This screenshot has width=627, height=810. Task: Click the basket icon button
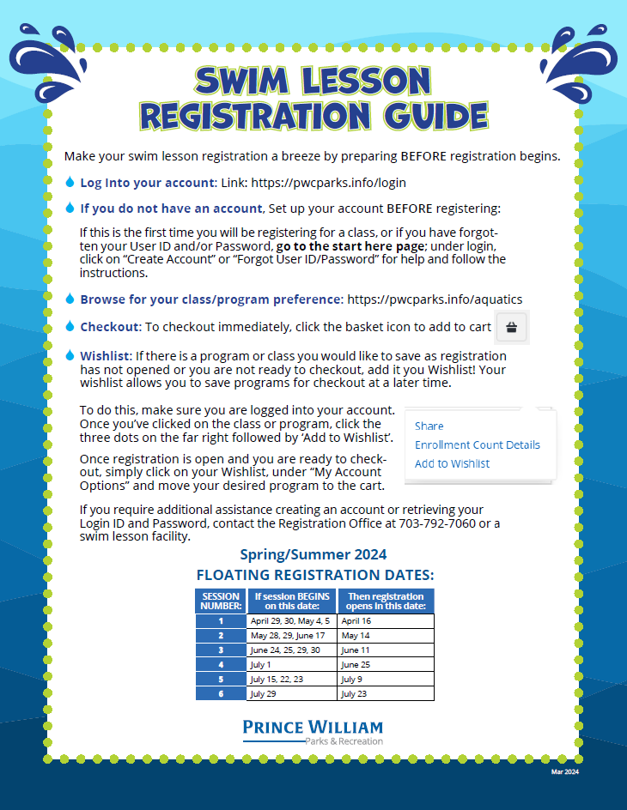[x=512, y=327]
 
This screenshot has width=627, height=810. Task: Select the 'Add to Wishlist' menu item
[x=452, y=463]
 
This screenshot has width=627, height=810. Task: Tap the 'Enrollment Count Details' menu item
[x=477, y=444]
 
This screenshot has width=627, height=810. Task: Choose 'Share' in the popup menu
[x=429, y=426]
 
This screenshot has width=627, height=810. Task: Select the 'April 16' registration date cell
[x=386, y=620]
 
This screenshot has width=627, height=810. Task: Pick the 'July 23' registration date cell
[x=386, y=693]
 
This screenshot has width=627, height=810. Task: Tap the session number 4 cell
[x=221, y=664]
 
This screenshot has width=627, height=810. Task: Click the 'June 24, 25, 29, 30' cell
[x=291, y=650]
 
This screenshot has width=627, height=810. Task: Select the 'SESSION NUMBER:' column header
[x=221, y=601]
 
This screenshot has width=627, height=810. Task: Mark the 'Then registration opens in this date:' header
[x=386, y=601]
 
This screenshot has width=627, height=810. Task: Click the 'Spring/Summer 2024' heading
[x=313, y=554]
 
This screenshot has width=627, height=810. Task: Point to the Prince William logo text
[x=313, y=727]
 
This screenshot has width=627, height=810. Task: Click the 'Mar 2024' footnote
[x=565, y=772]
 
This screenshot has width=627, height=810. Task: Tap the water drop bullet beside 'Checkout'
[x=70, y=326]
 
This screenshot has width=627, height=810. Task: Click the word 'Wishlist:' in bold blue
[x=106, y=355]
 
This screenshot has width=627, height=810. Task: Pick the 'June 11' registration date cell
[x=386, y=650]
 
